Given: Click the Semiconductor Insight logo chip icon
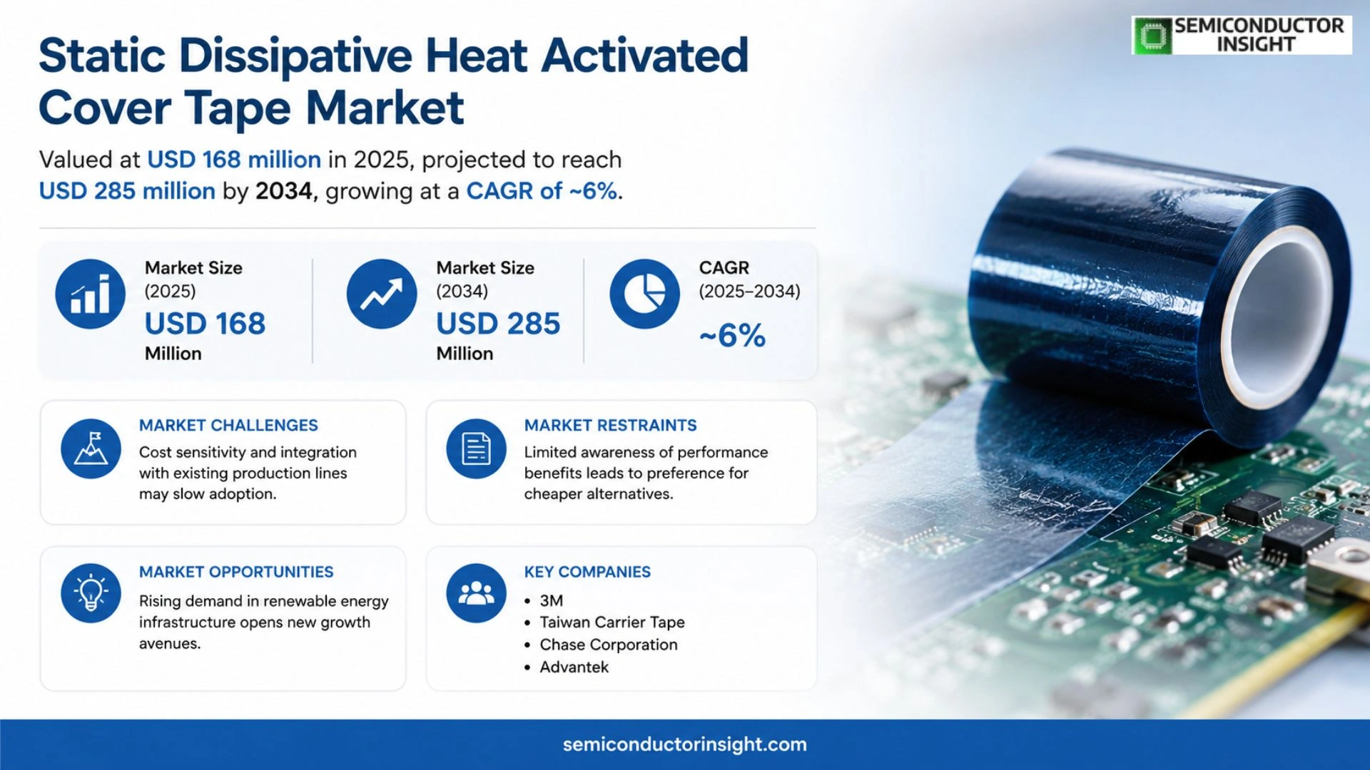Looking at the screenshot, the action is click(x=1152, y=36).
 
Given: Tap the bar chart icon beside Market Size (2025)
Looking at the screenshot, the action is click(x=91, y=294).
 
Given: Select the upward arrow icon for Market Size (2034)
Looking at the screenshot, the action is click(x=382, y=294).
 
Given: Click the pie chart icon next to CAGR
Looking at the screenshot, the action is click(x=644, y=294).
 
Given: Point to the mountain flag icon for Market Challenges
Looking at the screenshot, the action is click(x=91, y=448).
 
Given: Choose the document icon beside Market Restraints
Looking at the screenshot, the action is click(x=476, y=448).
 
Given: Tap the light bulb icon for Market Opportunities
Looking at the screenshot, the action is click(x=91, y=593).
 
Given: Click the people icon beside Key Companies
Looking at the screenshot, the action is click(x=476, y=593).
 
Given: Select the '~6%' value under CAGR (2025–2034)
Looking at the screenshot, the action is click(x=732, y=335).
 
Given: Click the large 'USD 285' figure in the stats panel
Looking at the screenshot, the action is click(x=498, y=324).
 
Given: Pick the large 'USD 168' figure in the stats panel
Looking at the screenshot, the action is click(x=205, y=324).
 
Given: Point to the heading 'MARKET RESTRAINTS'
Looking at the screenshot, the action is click(x=610, y=425).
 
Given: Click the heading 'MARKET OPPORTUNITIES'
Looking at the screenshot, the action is click(x=236, y=572).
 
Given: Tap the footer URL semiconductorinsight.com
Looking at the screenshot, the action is click(x=685, y=744).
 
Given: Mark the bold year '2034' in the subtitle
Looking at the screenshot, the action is click(x=284, y=191).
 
